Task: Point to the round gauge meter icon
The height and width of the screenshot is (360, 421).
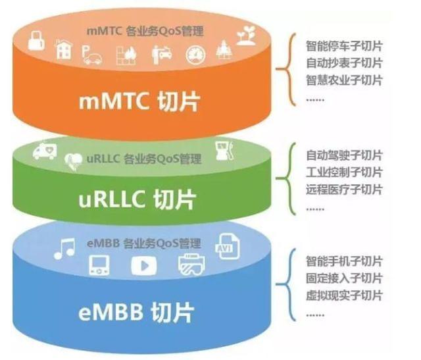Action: pos(195,54)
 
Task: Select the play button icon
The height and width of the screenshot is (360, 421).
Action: pos(143,265)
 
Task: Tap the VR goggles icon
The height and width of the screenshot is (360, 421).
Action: pos(191,263)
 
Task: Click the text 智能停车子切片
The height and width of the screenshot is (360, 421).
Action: pos(344,47)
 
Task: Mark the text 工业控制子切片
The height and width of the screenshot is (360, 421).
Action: pos(344,173)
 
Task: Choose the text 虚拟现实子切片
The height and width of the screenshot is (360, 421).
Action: pos(344,296)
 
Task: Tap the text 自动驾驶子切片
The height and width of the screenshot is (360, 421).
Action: pos(344,156)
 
